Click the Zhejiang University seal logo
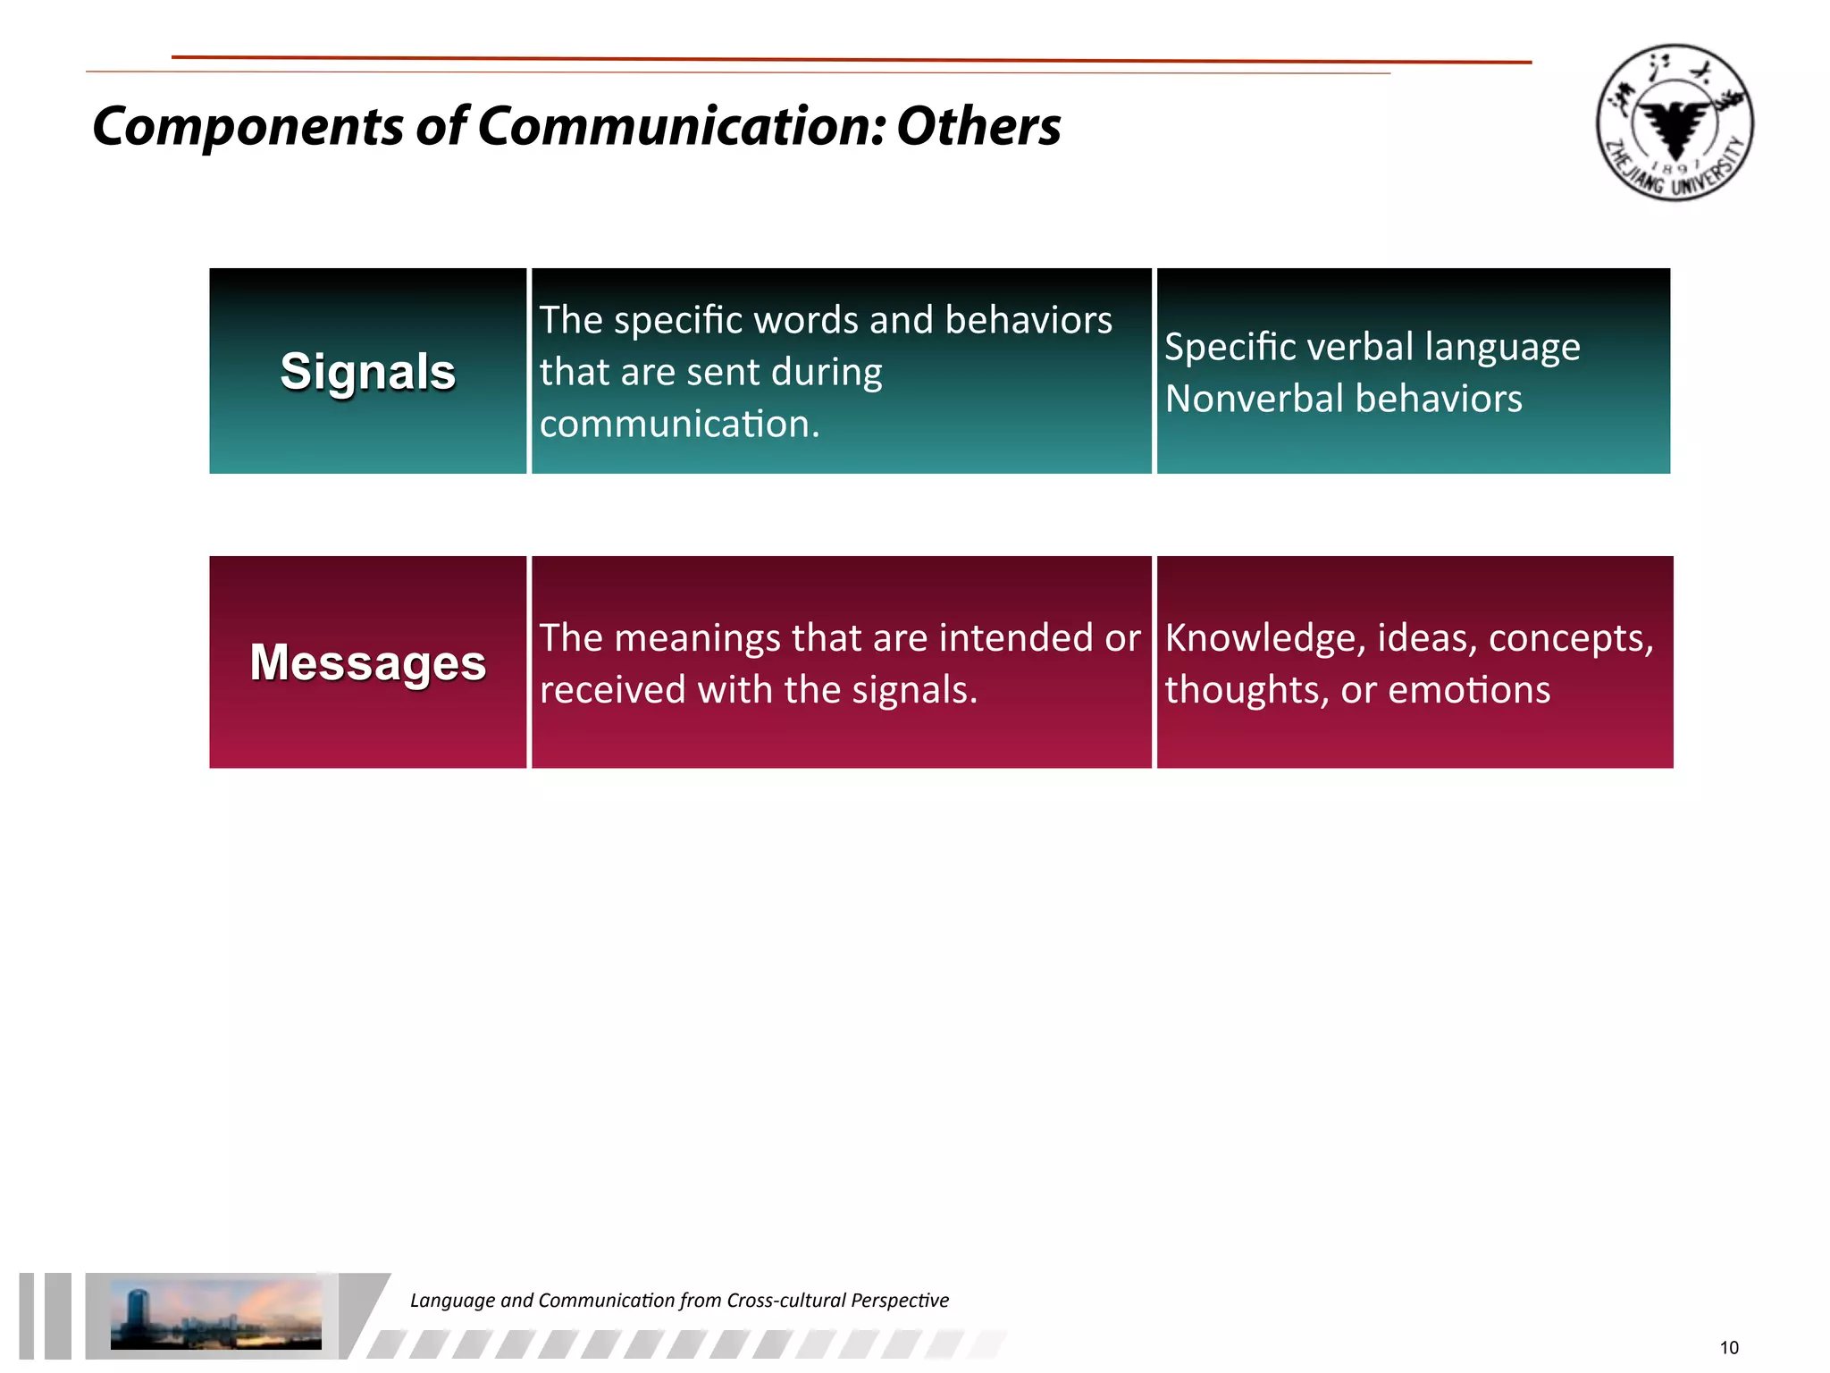pos(1674,122)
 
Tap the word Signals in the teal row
pos(367,372)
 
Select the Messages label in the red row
pos(367,663)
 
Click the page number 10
pos(1729,1348)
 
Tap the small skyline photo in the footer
pos(215,1314)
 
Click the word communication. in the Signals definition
pos(679,424)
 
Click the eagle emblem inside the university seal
pos(1675,125)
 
